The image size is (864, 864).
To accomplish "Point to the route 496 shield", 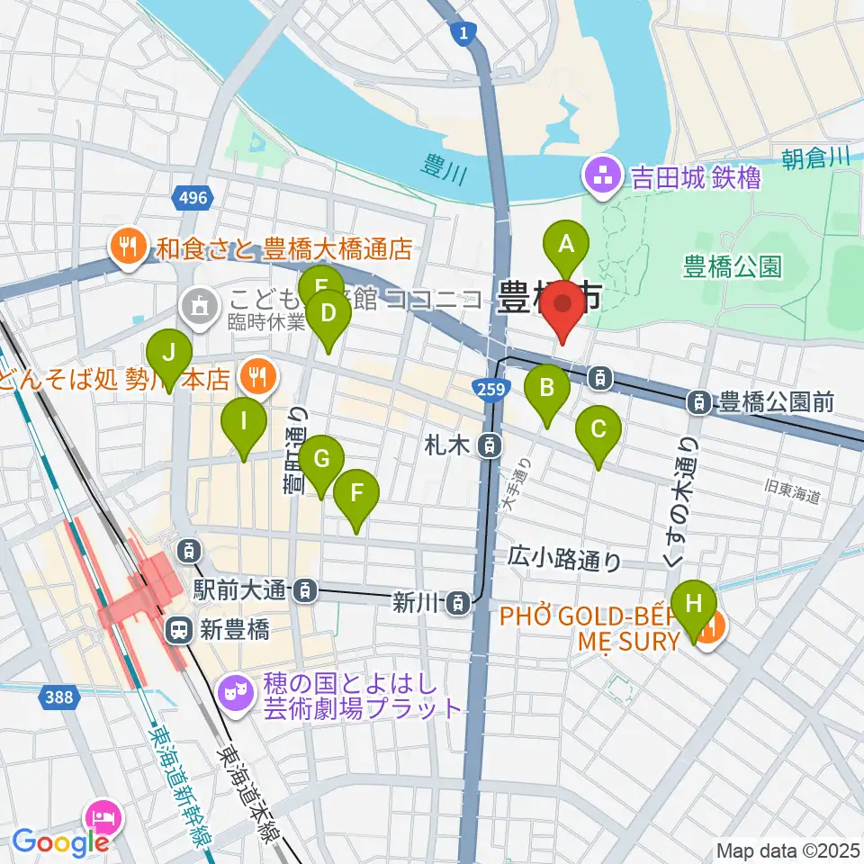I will point(192,197).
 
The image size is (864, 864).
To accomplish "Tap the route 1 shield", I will point(463,33).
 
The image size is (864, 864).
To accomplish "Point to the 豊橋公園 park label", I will point(733,266).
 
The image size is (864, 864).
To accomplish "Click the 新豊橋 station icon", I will point(179,631).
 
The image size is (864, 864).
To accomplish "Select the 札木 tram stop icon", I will point(489,444).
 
